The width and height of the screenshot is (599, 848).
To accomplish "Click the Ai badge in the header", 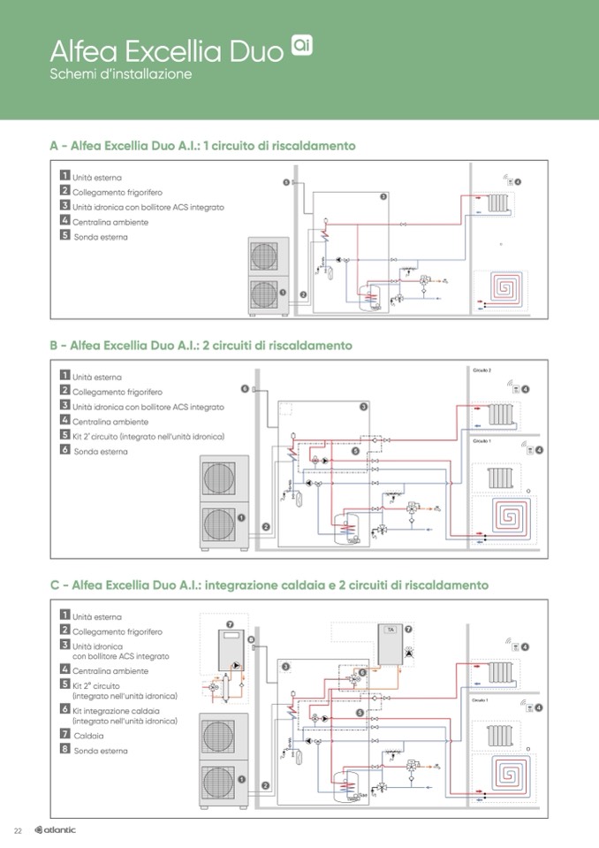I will pos(301,44).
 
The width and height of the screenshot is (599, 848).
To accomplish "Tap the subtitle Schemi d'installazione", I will pos(121,74).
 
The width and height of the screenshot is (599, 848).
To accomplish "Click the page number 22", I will pos(17,829).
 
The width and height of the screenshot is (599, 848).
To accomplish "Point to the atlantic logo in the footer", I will pos(55,829).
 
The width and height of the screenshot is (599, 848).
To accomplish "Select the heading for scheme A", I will pos(203,145).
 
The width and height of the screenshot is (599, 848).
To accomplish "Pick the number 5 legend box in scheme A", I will pos(64,236).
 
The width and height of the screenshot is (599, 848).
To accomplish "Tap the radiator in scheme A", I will pos(497,202).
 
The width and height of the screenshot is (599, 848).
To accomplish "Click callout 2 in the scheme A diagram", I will pos(303,294).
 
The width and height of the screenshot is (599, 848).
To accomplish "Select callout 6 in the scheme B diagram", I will pos(244,388).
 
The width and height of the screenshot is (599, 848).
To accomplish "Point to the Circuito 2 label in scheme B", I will pos(481,371).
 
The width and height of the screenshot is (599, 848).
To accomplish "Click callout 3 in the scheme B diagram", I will pos(363,407).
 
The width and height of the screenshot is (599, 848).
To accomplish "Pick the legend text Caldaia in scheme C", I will pos(88,735).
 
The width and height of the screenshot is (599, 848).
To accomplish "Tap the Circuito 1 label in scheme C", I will pos(481,699).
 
